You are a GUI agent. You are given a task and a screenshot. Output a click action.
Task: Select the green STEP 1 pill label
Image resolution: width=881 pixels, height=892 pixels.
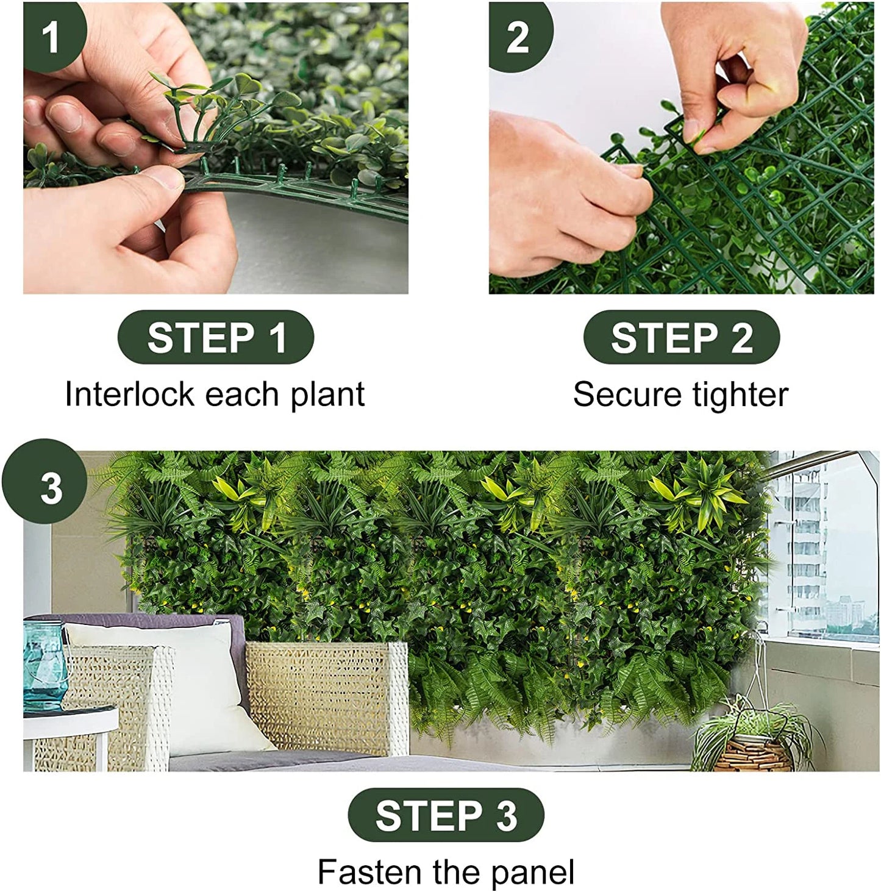pyautogui.click(x=216, y=337)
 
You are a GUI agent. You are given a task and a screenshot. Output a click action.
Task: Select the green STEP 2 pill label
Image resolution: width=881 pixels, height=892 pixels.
pyautogui.click(x=682, y=337)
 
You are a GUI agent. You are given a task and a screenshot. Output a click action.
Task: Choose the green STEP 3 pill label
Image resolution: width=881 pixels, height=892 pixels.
pyautogui.click(x=446, y=815)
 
